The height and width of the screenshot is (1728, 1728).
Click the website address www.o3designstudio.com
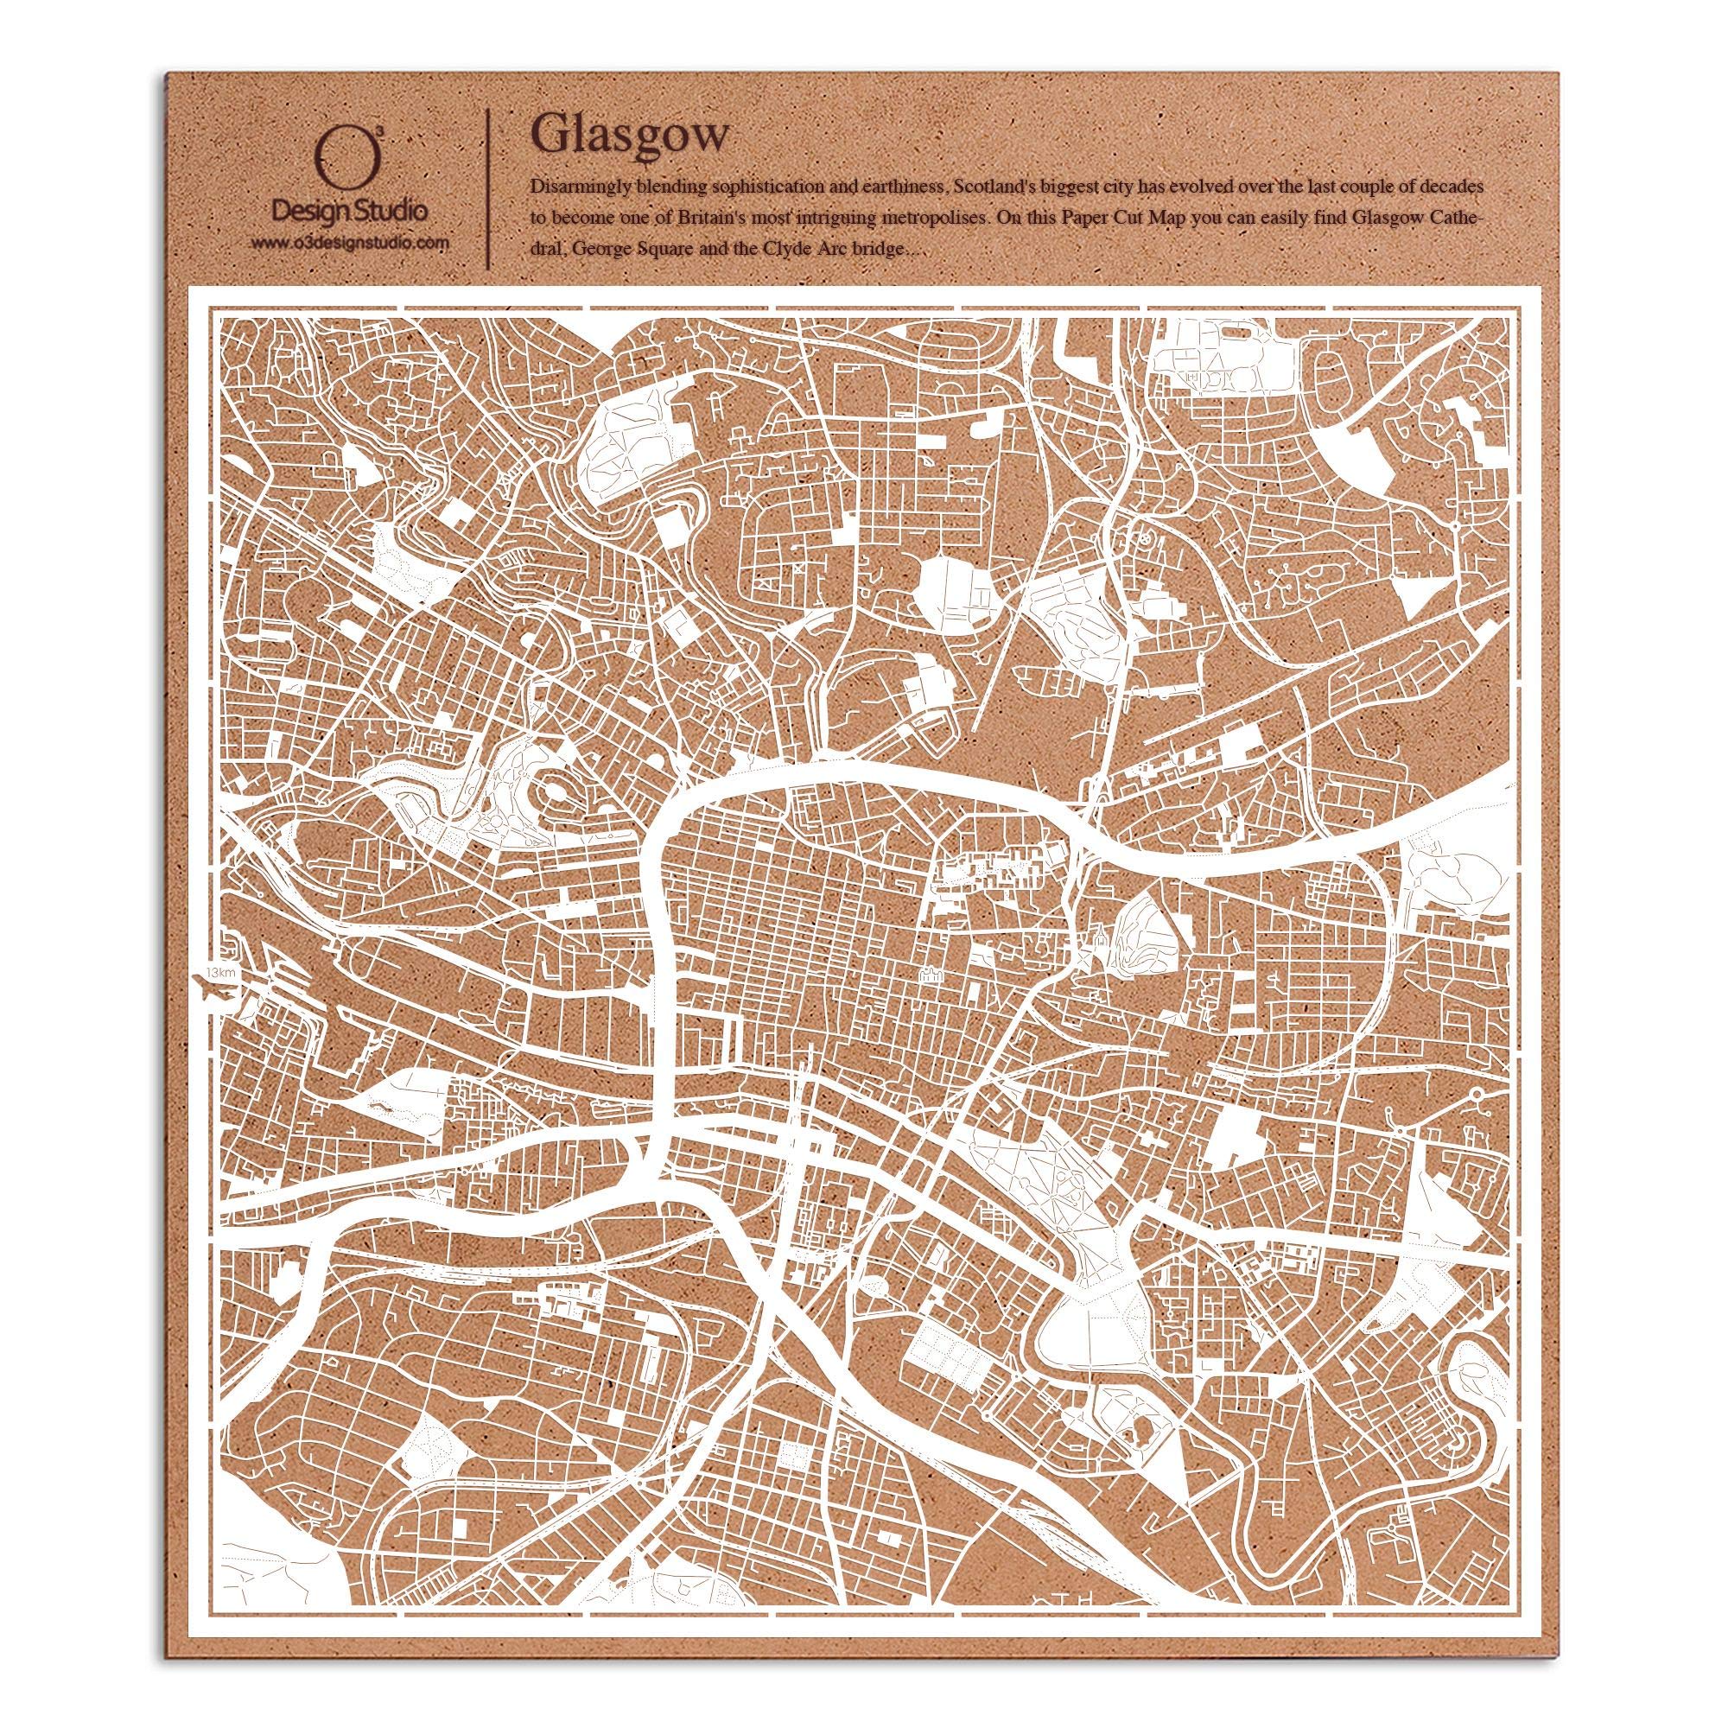point(349,244)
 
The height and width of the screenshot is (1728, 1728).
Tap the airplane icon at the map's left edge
point(213,991)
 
